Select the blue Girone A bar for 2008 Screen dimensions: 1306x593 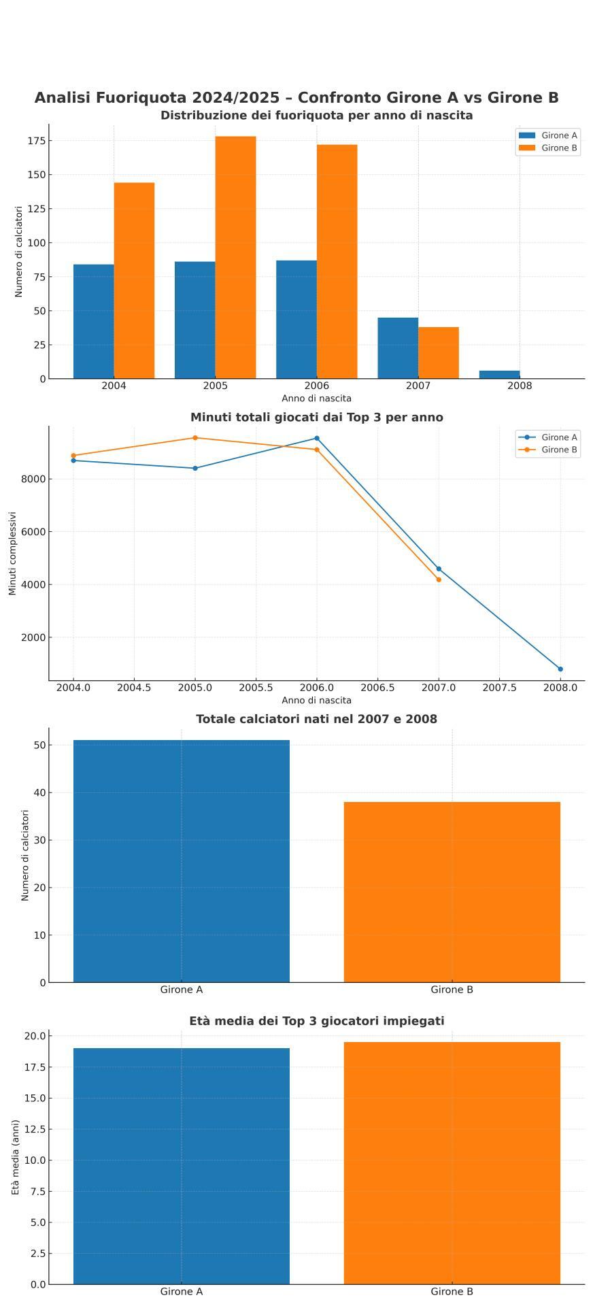(499, 375)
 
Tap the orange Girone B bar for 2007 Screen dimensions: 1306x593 (438, 352)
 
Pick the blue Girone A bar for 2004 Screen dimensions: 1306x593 (93, 321)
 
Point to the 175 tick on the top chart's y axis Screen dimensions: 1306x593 (36, 141)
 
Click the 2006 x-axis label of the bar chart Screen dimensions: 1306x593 (316, 386)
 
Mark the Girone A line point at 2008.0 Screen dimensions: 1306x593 (560, 669)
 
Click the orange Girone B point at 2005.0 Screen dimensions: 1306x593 (195, 438)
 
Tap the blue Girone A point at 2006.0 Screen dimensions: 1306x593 (317, 439)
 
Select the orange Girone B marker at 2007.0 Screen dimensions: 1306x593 (439, 580)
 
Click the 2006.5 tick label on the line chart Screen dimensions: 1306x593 (377, 688)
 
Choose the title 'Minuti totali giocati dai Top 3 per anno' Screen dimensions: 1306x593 (316, 418)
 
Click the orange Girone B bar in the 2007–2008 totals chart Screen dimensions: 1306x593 (452, 892)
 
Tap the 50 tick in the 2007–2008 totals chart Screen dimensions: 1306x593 (39, 745)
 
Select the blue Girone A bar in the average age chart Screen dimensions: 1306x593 (181, 1166)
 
